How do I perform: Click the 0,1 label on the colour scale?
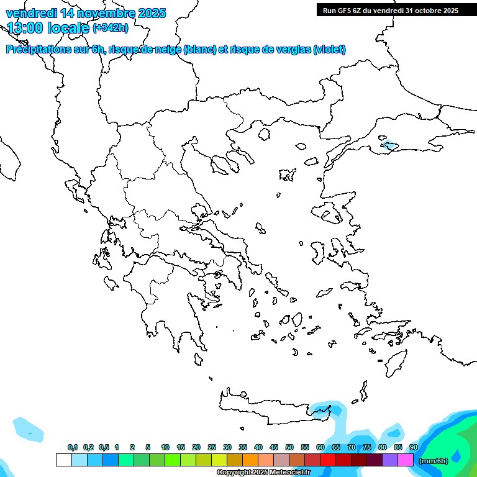[x=73, y=448]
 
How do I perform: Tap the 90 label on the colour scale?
[x=414, y=448]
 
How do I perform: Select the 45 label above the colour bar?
[x=274, y=448]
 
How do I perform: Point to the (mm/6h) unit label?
[x=434, y=461]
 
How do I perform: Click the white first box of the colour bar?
[x=63, y=460]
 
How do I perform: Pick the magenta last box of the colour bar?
[x=406, y=460]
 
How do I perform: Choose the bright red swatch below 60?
[x=328, y=460]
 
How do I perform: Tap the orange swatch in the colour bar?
[x=250, y=460]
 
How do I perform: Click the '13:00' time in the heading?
[x=25, y=28]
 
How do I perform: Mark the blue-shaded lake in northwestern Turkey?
[x=389, y=147]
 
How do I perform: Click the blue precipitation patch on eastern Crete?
[x=323, y=411]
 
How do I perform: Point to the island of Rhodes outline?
[x=395, y=362]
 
